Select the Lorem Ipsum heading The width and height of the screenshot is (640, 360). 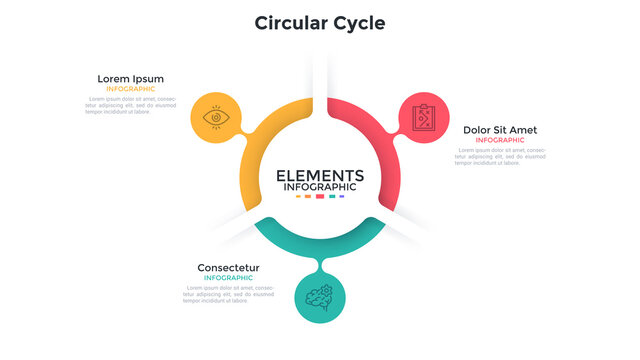tap(130, 79)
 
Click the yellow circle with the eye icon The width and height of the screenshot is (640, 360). tap(214, 118)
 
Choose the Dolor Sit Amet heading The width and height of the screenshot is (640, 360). tap(500, 130)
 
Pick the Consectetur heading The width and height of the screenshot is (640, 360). tap(228, 267)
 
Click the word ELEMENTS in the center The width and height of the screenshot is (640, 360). tap(320, 174)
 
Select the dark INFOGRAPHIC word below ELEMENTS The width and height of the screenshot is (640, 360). tap(320, 187)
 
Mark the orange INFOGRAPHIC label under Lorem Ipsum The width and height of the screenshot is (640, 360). tap(130, 89)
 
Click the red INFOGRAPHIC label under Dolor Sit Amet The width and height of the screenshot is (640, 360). tap(500, 140)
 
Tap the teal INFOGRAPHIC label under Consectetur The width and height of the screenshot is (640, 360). tap(228, 277)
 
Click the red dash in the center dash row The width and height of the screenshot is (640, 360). tap(320, 197)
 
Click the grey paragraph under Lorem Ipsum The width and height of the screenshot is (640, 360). tap(130, 106)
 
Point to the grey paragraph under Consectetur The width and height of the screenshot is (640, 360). tap(228, 294)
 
